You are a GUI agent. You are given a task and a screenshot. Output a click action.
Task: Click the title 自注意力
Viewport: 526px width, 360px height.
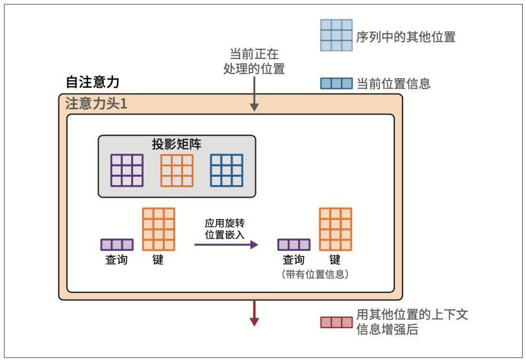pos(92,83)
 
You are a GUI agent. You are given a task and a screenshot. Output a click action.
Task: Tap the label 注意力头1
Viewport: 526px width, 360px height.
pos(96,104)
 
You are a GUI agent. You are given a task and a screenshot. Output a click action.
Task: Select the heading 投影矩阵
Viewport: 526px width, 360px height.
pos(177,144)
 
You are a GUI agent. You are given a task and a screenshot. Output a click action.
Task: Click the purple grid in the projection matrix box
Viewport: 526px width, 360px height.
pos(126,170)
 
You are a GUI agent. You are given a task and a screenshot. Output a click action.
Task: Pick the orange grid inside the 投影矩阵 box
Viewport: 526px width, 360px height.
pos(177,170)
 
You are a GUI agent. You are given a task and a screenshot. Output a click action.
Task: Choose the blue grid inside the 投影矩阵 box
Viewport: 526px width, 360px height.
pos(227,170)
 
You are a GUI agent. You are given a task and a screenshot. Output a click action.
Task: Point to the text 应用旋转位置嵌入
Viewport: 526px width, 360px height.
pos(225,229)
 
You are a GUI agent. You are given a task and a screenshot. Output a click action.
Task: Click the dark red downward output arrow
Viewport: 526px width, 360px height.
pos(255,313)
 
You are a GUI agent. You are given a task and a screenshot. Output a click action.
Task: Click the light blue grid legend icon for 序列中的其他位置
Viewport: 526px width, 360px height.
pos(336,35)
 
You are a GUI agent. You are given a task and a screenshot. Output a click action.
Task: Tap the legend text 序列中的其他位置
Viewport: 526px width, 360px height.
pos(406,37)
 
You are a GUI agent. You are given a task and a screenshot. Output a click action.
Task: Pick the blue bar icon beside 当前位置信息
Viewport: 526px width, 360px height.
pos(336,84)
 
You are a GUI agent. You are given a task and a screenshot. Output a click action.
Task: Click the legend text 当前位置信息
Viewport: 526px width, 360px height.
pos(394,84)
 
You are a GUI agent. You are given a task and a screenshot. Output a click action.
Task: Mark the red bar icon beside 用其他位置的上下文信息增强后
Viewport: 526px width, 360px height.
pos(336,322)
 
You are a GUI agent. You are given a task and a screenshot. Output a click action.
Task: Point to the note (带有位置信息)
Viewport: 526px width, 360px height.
pos(316,275)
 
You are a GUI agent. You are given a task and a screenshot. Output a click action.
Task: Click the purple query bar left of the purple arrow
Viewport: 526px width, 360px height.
pos(117,245)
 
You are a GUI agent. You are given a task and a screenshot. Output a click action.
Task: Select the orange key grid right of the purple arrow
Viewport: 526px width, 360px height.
pos(335,229)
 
